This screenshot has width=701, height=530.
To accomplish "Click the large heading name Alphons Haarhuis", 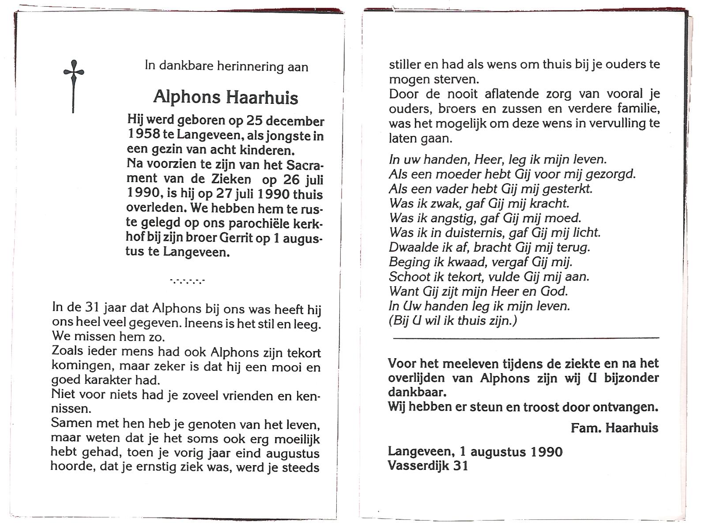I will tap(226, 97).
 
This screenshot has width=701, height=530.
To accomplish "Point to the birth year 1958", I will tap(144, 135).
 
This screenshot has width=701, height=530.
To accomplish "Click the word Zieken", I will tap(230, 179).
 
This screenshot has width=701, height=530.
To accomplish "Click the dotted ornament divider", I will tap(187, 280).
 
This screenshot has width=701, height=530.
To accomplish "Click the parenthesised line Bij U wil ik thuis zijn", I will tap(452, 320).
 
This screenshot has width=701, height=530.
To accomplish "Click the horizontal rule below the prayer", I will tap(525, 338).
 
